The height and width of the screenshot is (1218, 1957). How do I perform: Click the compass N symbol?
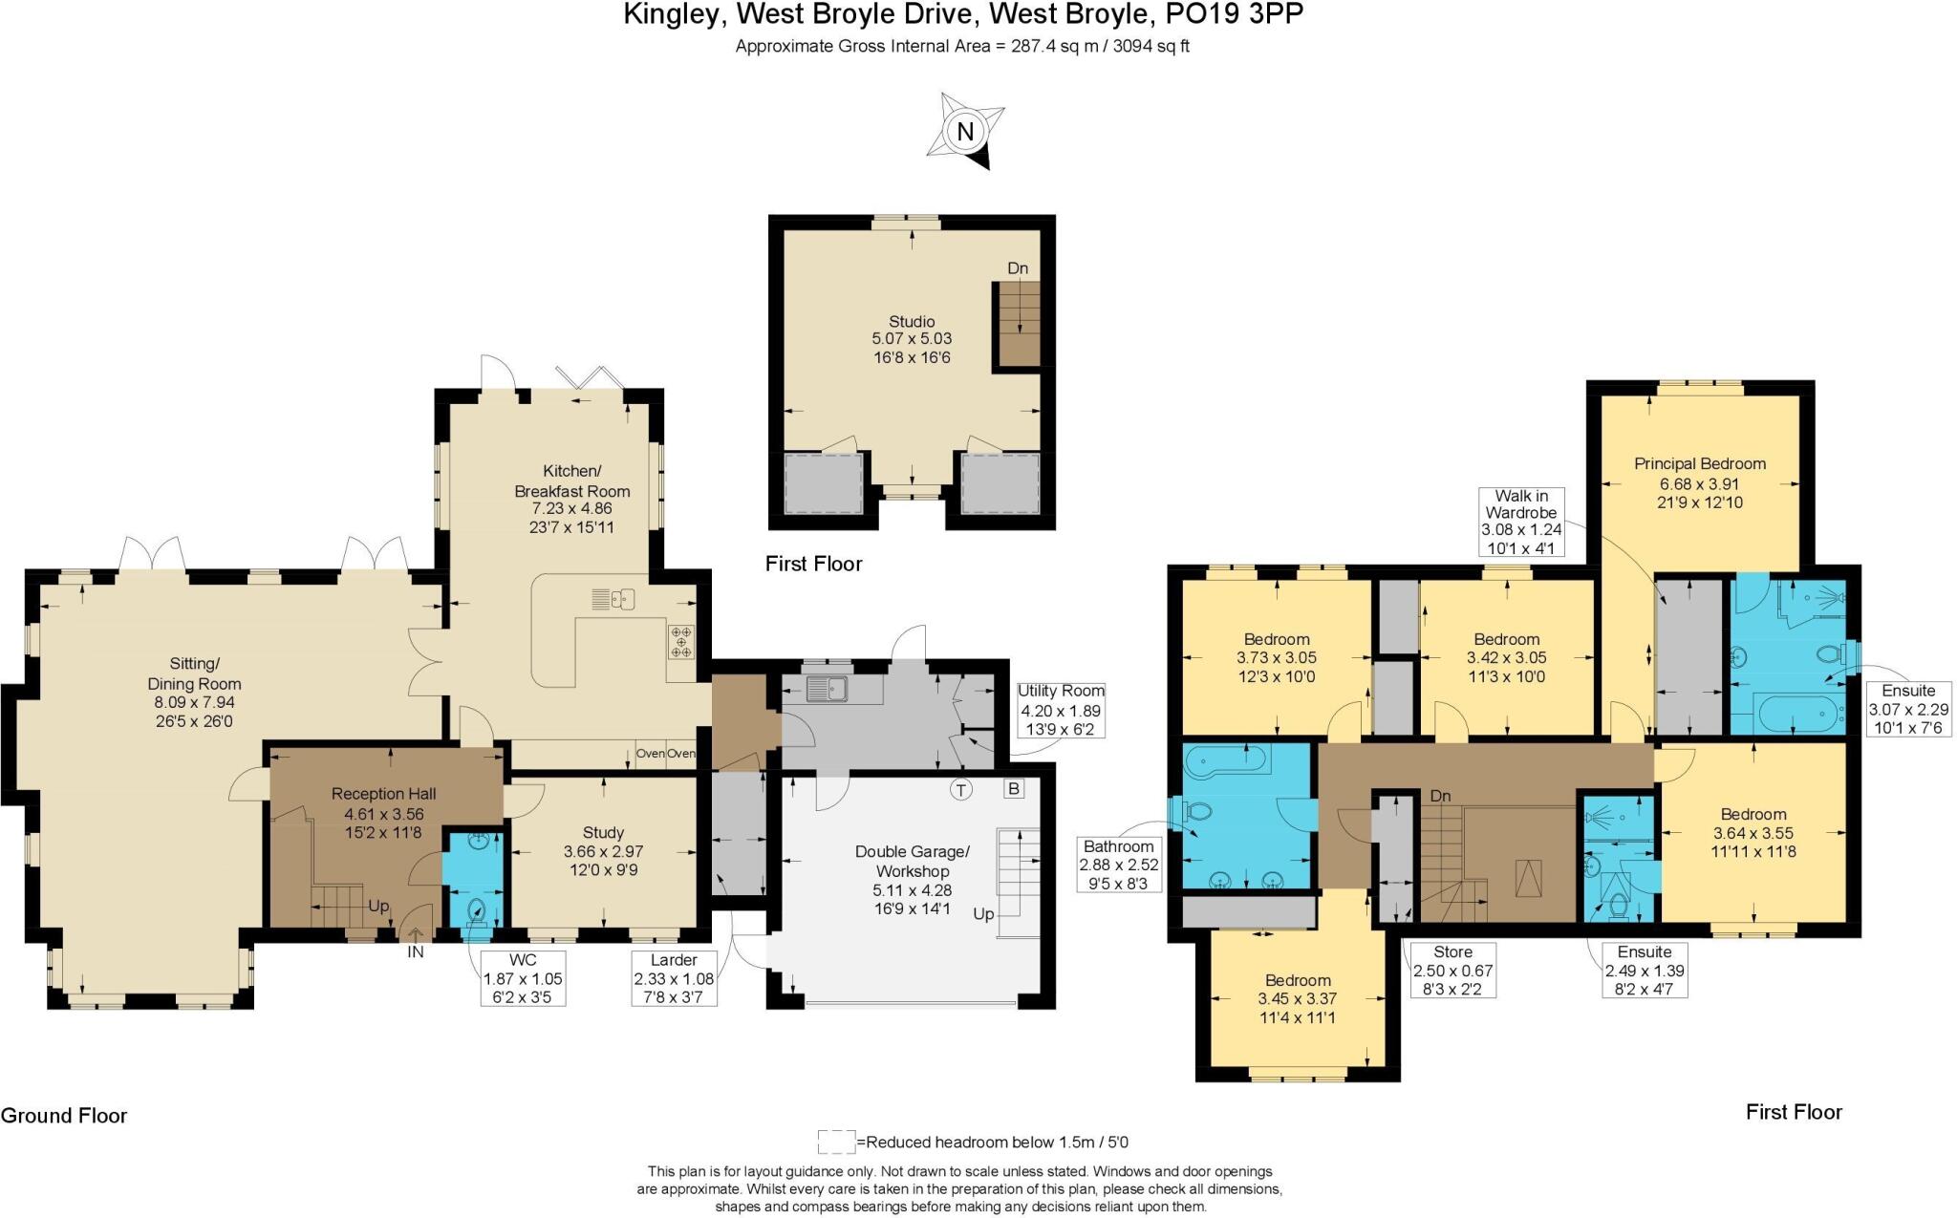tap(965, 132)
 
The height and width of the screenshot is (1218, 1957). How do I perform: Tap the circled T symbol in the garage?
tap(961, 790)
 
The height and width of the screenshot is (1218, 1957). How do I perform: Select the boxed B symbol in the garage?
tap(1013, 789)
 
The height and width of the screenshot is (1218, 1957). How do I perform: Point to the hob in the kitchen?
tap(681, 640)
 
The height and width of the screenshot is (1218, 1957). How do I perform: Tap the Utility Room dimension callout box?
tap(1061, 710)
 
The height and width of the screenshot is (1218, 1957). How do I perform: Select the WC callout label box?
tap(523, 978)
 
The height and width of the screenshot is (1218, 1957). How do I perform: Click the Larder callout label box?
tap(674, 978)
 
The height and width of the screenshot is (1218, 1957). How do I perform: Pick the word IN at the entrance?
tap(416, 952)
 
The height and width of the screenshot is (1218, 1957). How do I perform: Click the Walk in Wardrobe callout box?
tap(1521, 522)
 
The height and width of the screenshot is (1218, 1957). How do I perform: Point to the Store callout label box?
tap(1452, 970)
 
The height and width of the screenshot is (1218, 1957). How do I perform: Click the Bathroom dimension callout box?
tap(1118, 865)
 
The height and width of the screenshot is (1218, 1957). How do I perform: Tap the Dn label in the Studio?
tap(1018, 268)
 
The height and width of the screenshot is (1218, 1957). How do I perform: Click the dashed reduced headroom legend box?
tap(836, 1142)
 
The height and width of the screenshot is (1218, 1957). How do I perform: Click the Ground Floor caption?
tap(64, 1115)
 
